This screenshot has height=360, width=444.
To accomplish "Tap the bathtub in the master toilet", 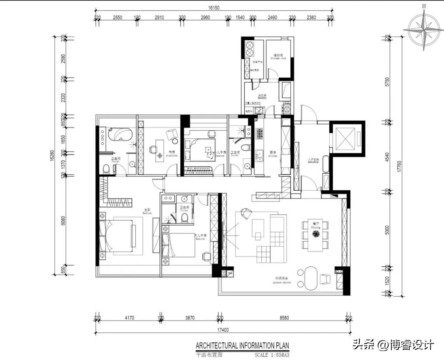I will (120, 134).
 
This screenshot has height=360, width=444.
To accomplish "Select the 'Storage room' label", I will (278, 57).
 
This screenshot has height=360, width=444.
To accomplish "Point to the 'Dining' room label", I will (315, 226).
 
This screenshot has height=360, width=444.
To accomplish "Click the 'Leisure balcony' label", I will (283, 282).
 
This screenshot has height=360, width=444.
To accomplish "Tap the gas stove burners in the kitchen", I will (260, 133).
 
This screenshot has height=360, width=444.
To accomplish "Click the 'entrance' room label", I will (313, 161).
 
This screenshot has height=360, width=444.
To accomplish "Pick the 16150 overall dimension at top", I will (212, 7).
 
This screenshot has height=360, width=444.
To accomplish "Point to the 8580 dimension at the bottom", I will (284, 318).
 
